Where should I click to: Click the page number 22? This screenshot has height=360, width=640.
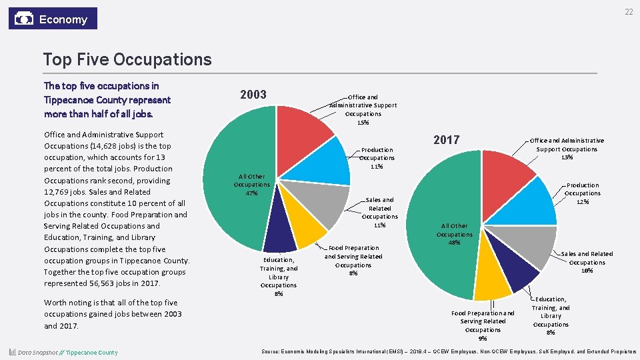[629, 13]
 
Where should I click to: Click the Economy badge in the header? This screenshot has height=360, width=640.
[53, 19]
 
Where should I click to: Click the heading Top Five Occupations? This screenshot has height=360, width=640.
[127, 59]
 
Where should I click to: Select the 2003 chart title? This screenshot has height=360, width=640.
[253, 95]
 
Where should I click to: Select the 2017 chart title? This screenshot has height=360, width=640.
[446, 139]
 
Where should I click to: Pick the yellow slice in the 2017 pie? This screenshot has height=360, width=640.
[493, 277]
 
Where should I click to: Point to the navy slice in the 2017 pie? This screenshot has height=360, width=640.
[517, 270]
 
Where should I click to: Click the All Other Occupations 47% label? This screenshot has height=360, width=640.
[252, 185]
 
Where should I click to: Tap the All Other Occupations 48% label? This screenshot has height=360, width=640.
[454, 234]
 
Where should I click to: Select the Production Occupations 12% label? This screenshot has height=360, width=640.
[583, 193]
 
